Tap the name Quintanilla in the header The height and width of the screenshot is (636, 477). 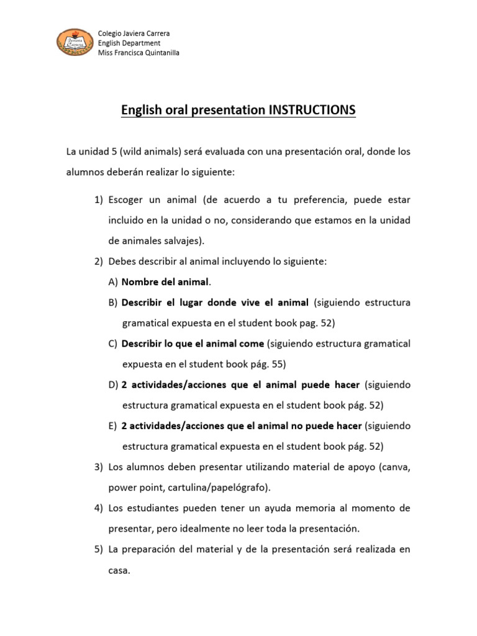[158, 53]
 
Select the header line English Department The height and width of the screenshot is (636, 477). [130, 43]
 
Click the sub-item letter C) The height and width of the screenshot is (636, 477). [112, 343]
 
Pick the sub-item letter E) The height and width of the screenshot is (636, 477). [112, 425]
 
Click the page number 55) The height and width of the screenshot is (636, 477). [274, 364]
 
